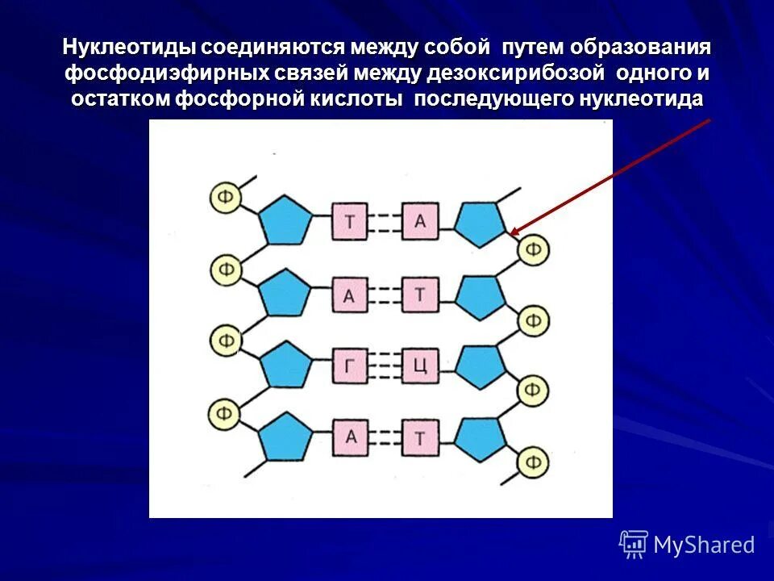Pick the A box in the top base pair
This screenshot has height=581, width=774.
tap(419, 221)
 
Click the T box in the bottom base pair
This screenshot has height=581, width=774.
tap(419, 438)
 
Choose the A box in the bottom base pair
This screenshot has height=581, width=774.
tap(350, 437)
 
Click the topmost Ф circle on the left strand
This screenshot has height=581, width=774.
tap(227, 196)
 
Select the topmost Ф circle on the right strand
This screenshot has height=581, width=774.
tap(533, 249)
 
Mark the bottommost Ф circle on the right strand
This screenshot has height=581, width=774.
tap(533, 462)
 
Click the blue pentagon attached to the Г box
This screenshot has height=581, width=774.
tap(285, 366)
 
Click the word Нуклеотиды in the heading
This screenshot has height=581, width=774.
tap(129, 48)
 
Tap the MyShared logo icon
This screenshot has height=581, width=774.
tap(634, 545)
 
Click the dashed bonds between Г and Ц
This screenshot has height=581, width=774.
tap(385, 367)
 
